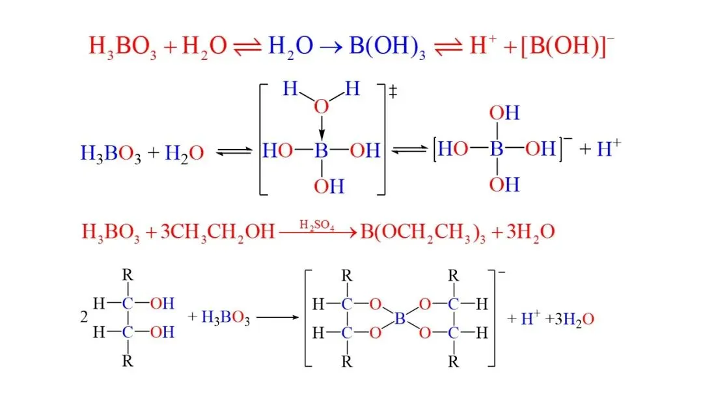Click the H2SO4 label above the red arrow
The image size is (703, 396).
(x=316, y=225)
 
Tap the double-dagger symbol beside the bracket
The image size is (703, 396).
(x=393, y=92)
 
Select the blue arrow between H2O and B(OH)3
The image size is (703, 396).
(x=331, y=47)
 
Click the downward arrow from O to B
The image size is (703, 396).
(x=322, y=128)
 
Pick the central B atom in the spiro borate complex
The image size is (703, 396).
(x=400, y=318)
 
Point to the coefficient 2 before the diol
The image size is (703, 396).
(x=84, y=317)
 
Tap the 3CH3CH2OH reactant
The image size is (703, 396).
(x=217, y=233)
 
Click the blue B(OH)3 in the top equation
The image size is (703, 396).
(x=387, y=47)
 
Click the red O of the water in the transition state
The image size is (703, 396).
(x=321, y=107)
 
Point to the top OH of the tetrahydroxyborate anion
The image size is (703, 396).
(x=504, y=113)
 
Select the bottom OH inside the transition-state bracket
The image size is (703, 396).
(x=329, y=186)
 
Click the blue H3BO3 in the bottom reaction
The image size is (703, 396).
(x=225, y=318)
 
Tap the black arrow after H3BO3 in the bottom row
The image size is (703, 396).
(x=277, y=318)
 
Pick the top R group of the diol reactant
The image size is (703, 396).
(x=128, y=274)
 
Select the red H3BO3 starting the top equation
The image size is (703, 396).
(x=122, y=47)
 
